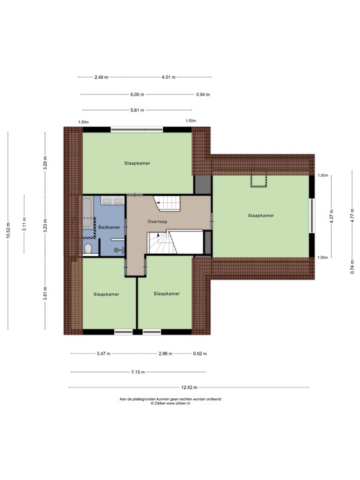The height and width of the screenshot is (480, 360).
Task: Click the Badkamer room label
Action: [109, 227]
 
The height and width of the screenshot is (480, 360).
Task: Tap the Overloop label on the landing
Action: [157, 222]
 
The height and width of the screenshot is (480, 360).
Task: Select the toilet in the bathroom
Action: [89, 249]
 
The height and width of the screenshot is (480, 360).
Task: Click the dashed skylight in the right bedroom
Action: [257, 181]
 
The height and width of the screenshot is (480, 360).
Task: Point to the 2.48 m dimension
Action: [101, 77]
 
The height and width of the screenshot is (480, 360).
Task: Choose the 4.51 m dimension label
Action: [168, 77]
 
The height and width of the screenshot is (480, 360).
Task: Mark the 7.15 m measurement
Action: [137, 372]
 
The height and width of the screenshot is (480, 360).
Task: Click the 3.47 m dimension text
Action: [103, 354]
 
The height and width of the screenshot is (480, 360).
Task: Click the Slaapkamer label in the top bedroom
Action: [137, 163]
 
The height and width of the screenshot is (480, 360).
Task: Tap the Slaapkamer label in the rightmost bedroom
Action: [261, 216]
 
